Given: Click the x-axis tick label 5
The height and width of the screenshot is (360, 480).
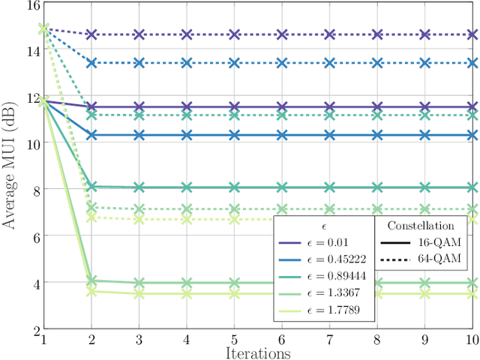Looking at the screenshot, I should [235, 340].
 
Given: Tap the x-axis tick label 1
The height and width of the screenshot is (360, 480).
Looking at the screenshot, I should [44, 340].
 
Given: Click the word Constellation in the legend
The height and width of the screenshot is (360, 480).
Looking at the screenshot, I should [421, 225].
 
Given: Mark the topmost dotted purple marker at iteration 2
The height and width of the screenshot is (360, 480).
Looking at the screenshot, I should [91, 34].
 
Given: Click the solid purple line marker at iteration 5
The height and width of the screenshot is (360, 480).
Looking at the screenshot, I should [235, 107].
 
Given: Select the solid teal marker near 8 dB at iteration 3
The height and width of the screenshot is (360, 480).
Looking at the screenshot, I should [139, 187].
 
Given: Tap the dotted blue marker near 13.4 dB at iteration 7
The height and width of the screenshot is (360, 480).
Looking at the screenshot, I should [330, 63].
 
